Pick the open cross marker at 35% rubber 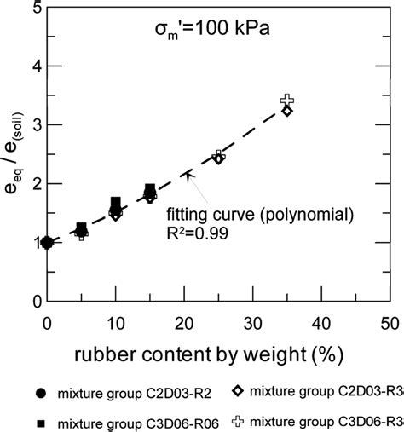[287, 101]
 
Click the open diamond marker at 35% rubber [287, 111]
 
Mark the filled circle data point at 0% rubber [47, 243]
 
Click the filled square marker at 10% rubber [116, 203]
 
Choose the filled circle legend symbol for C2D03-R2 [40, 393]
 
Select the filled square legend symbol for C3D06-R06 [40, 423]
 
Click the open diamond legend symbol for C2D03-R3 [239, 390]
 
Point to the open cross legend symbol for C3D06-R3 [239, 419]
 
